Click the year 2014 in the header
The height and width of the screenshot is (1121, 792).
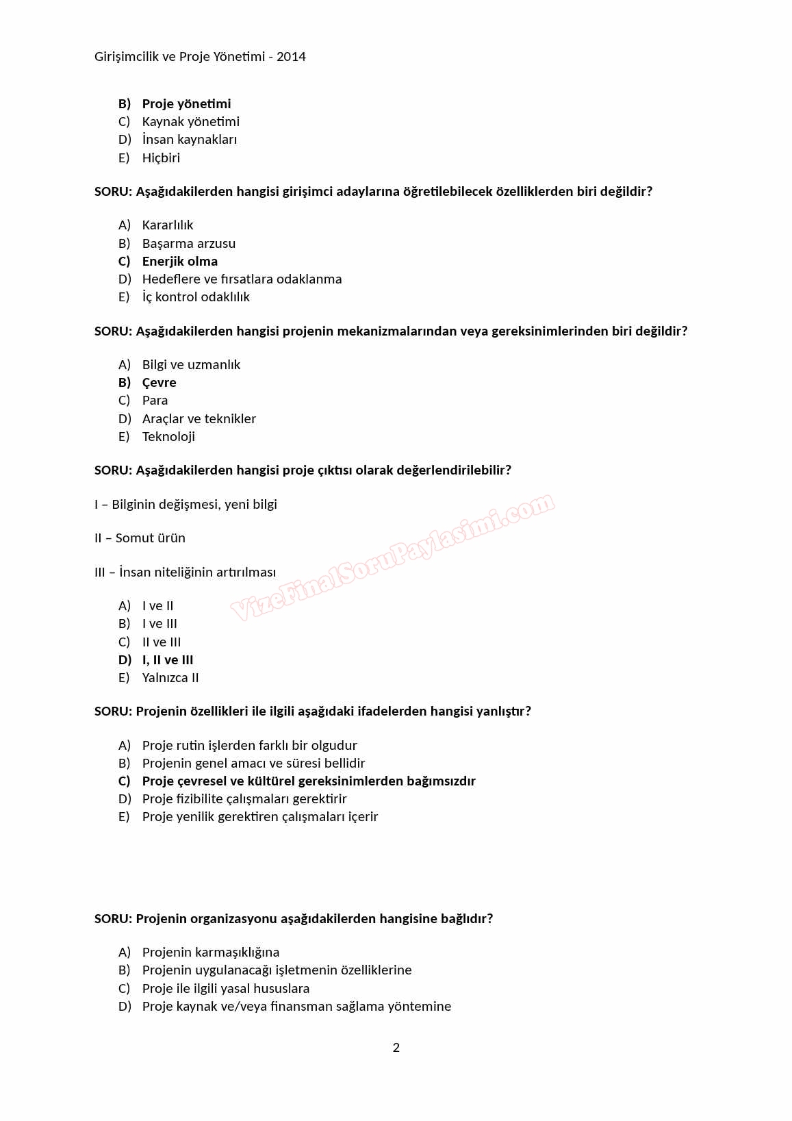pos(291,57)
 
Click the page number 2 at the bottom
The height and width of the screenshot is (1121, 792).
pos(396,1047)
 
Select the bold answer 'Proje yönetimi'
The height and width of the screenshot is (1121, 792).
pos(186,104)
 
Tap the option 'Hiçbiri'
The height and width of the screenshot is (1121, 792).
pos(161,158)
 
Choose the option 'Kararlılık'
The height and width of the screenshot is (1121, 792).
pos(168,225)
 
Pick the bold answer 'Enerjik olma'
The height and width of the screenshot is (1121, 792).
pos(179,262)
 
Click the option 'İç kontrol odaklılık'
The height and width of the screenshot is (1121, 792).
pos(196,297)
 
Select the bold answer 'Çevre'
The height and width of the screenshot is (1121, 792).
pos(159,383)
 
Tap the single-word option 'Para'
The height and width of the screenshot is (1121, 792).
pos(155,401)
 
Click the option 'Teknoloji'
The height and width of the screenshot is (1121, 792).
pos(168,437)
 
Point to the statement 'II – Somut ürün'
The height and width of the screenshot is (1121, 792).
pos(140,538)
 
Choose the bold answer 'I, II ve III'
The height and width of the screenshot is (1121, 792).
pos(168,660)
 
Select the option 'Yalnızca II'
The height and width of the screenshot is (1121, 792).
pos(170,678)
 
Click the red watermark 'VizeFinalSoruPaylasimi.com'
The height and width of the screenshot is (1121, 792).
pos(392,556)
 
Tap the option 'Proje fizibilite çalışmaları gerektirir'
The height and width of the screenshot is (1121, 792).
pos(244,799)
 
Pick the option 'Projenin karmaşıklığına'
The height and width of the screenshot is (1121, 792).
pos(211,953)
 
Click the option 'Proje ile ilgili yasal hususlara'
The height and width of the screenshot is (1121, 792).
pos(226,989)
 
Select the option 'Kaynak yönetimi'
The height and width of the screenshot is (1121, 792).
pos(191,122)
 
